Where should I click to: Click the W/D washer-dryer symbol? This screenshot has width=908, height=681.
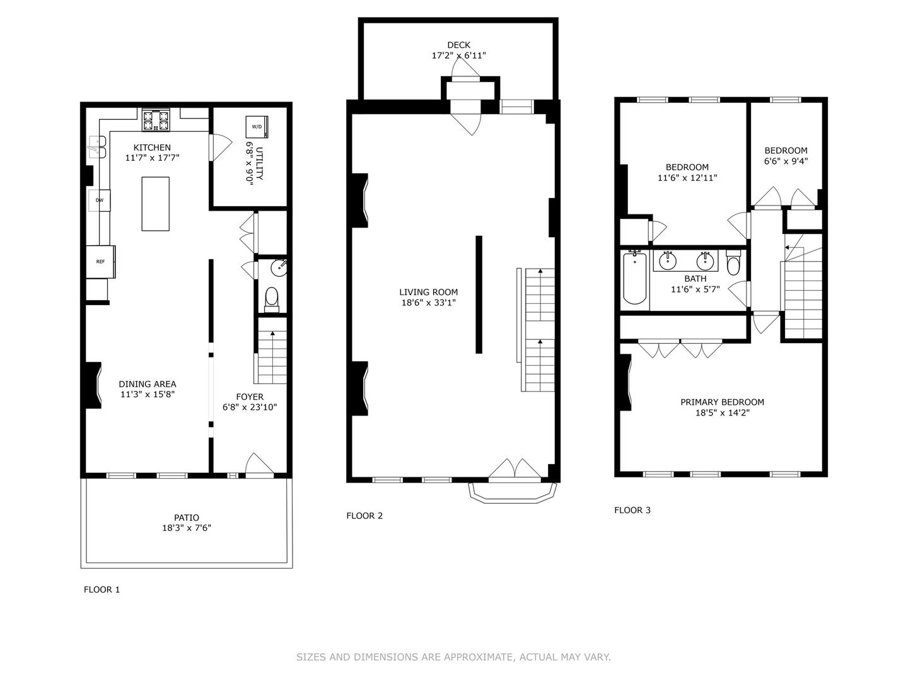tap(257, 127)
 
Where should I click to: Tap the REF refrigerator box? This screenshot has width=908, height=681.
tap(100, 262)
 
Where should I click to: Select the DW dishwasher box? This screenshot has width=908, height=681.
tap(99, 200)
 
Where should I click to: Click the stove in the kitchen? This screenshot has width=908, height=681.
tap(156, 120)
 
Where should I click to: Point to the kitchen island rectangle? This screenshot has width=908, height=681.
tap(156, 204)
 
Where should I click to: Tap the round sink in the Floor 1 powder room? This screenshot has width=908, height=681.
tap(279, 268)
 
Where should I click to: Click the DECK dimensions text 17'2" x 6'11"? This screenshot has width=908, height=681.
tap(459, 55)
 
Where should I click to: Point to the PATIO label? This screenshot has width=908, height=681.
tap(187, 517)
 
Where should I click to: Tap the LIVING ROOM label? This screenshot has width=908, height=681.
tap(429, 292)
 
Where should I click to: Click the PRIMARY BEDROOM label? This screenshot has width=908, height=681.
tap(722, 402)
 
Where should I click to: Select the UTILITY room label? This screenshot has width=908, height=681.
tap(259, 163)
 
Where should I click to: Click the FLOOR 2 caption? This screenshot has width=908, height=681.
tap(364, 516)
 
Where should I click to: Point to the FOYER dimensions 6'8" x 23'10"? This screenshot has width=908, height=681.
tap(250, 407)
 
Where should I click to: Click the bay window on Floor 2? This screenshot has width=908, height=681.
tap(512, 492)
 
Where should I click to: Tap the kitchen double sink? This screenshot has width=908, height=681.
tap(98, 147)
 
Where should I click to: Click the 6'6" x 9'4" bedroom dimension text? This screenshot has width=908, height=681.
tap(786, 161)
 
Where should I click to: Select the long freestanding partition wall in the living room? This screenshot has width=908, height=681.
tap(479, 294)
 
